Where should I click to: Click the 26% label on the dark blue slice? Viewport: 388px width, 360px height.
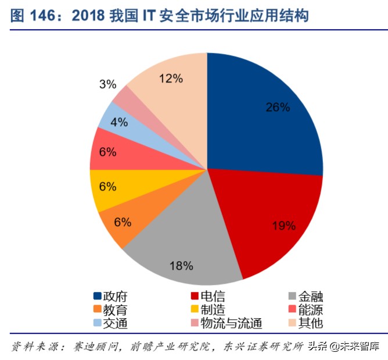(278, 107)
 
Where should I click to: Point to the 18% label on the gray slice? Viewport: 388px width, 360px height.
(181, 266)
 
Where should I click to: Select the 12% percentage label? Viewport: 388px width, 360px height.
(171, 77)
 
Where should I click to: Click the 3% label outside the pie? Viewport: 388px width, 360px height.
(107, 84)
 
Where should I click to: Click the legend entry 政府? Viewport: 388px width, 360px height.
(114, 296)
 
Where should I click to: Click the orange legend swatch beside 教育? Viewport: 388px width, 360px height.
(97, 310)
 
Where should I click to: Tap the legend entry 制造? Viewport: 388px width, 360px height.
(211, 310)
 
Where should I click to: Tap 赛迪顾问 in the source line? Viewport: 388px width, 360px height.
(96, 347)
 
